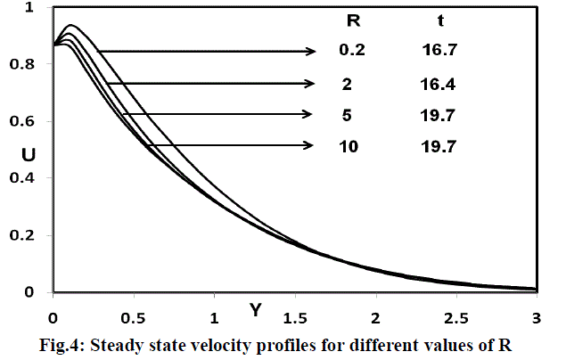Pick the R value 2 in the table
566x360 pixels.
tap(349, 85)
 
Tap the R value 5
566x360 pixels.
tap(349, 114)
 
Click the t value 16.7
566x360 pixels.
tap(436, 52)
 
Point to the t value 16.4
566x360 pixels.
tap(436, 85)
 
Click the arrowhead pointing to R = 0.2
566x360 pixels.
tap(313, 52)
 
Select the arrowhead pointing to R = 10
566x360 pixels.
tap(309, 145)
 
